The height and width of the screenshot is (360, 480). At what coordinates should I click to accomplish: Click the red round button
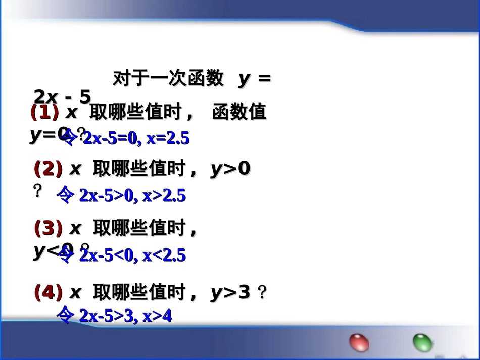(x=359, y=342)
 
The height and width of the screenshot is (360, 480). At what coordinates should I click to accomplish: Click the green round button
(x=422, y=343)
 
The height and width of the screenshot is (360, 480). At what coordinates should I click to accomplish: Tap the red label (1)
(x=44, y=112)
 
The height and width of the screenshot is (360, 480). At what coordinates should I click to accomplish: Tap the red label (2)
(x=48, y=169)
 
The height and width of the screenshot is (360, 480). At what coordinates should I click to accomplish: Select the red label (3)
(x=48, y=229)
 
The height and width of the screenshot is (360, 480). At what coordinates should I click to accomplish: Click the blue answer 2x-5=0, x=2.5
(x=136, y=139)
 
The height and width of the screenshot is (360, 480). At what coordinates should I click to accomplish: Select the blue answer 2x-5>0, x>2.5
(x=132, y=196)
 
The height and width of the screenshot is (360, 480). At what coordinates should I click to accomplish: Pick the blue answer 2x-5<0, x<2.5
(x=132, y=255)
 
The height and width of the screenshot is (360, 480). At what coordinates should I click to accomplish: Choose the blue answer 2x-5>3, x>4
(x=126, y=316)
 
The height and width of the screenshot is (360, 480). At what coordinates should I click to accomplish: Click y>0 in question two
(x=230, y=170)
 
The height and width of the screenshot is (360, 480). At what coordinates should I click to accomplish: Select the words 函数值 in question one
(x=239, y=112)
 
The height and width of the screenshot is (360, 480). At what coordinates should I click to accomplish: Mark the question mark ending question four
(x=261, y=293)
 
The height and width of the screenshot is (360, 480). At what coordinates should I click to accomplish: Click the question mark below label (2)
(x=37, y=191)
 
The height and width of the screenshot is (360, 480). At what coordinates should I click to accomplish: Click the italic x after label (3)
(x=75, y=229)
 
